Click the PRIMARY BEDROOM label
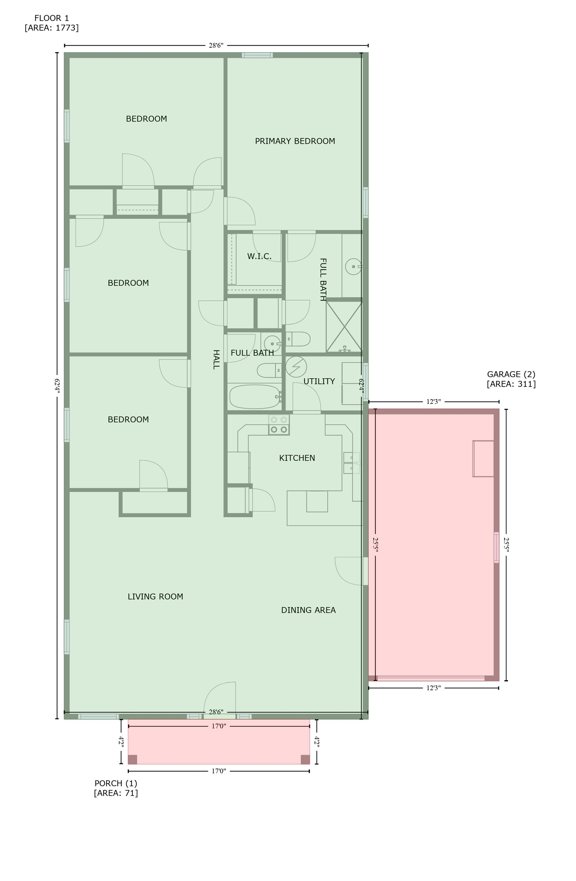point(295,141)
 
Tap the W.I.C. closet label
point(259,256)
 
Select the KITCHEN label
point(297,458)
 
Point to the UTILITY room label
point(319,381)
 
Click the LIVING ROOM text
point(155,597)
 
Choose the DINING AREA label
point(308,610)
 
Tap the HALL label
point(216,359)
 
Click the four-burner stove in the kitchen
point(279,425)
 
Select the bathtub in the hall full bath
point(255,397)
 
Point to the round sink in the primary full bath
point(354,267)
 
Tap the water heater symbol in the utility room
point(296,367)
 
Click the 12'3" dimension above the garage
point(433,401)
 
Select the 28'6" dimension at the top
point(216,46)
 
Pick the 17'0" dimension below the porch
point(219,771)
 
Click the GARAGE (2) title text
point(511,374)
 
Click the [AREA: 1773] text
point(52,28)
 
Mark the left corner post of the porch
point(132,759)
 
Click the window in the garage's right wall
point(496,547)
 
